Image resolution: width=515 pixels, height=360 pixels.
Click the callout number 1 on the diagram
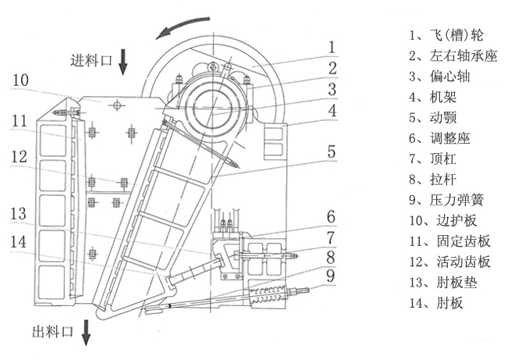[x=331, y=45]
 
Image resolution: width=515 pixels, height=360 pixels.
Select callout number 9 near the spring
[x=331, y=274]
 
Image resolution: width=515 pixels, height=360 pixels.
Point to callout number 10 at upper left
[x=21, y=80]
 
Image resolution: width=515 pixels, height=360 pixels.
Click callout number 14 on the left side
[x=20, y=241]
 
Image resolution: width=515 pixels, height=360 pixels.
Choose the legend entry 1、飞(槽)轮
[x=441, y=36]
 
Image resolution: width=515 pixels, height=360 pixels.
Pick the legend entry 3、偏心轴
[x=435, y=77]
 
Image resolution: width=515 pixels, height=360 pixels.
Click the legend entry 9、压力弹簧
[x=442, y=200]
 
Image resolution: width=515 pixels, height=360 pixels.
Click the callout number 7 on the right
[x=331, y=236]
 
